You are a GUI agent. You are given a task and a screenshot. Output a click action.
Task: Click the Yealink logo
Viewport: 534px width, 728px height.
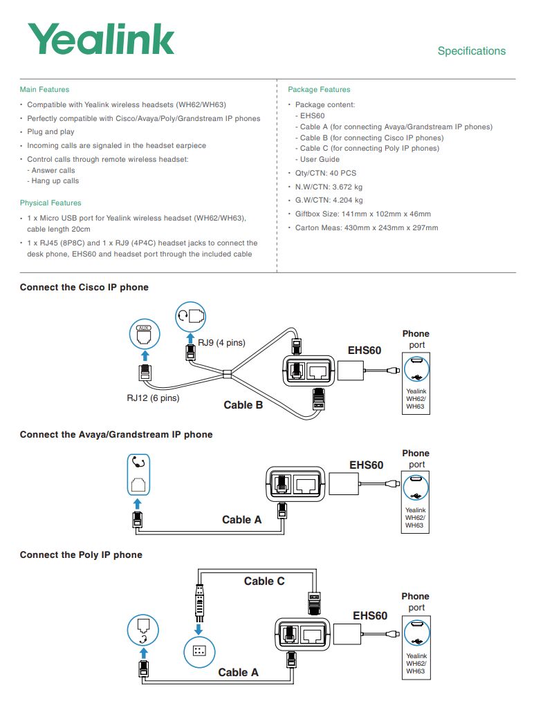(101, 39)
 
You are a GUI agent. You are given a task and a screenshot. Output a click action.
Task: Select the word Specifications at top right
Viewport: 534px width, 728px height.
(471, 51)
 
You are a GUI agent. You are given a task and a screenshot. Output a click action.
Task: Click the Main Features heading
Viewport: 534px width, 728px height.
(44, 89)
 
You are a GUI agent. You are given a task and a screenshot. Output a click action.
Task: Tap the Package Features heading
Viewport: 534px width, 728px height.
(319, 89)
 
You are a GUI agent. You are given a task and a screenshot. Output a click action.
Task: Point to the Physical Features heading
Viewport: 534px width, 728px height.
(50, 203)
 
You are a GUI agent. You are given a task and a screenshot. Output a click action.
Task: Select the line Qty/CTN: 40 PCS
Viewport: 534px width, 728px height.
(326, 173)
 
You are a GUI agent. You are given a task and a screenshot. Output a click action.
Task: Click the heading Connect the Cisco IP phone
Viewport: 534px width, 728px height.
(84, 287)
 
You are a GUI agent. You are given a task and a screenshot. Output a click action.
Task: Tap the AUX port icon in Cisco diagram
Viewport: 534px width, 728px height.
(144, 334)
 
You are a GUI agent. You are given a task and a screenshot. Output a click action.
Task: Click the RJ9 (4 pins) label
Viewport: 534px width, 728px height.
(221, 343)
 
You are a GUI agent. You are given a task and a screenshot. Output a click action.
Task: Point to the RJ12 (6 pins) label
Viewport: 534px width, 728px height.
(153, 398)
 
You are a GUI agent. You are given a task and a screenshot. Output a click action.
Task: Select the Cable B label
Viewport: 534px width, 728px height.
(243, 405)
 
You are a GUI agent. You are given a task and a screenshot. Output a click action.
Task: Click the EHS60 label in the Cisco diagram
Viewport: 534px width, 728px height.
(365, 351)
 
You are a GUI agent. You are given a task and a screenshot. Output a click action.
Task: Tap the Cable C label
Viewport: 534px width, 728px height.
(264, 581)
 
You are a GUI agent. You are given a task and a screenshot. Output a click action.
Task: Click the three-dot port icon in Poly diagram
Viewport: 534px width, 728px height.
(199, 651)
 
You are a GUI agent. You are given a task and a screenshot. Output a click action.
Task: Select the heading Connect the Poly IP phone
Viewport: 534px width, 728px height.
(81, 554)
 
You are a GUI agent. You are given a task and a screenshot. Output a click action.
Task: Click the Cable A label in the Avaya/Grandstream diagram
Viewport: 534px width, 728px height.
(241, 519)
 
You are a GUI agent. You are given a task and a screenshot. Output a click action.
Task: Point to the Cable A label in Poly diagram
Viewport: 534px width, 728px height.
(238, 672)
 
